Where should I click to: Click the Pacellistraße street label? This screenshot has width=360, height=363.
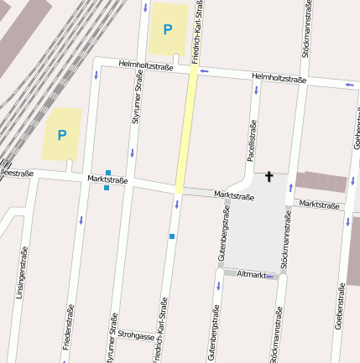click(x=250, y=140)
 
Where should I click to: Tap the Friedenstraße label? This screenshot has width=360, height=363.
click(x=65, y=334)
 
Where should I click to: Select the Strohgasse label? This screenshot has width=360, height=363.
click(x=137, y=335)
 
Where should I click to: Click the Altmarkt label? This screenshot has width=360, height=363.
click(x=252, y=274)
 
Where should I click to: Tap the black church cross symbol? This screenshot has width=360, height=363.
click(x=269, y=176)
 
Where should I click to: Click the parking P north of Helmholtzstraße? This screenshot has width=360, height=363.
click(x=167, y=30)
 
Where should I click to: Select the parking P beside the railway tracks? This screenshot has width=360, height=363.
click(x=61, y=134)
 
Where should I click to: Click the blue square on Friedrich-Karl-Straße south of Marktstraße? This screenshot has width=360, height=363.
click(x=172, y=236)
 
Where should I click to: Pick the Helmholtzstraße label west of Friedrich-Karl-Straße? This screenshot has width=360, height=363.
click(x=145, y=64)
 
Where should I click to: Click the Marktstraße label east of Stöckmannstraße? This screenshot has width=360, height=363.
click(x=319, y=205)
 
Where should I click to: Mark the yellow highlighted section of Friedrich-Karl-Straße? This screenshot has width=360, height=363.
click(x=186, y=130)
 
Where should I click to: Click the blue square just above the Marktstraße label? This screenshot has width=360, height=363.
click(x=108, y=172)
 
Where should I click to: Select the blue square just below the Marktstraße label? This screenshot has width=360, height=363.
click(x=107, y=188)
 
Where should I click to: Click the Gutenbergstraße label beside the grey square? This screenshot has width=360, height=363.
click(x=225, y=232)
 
